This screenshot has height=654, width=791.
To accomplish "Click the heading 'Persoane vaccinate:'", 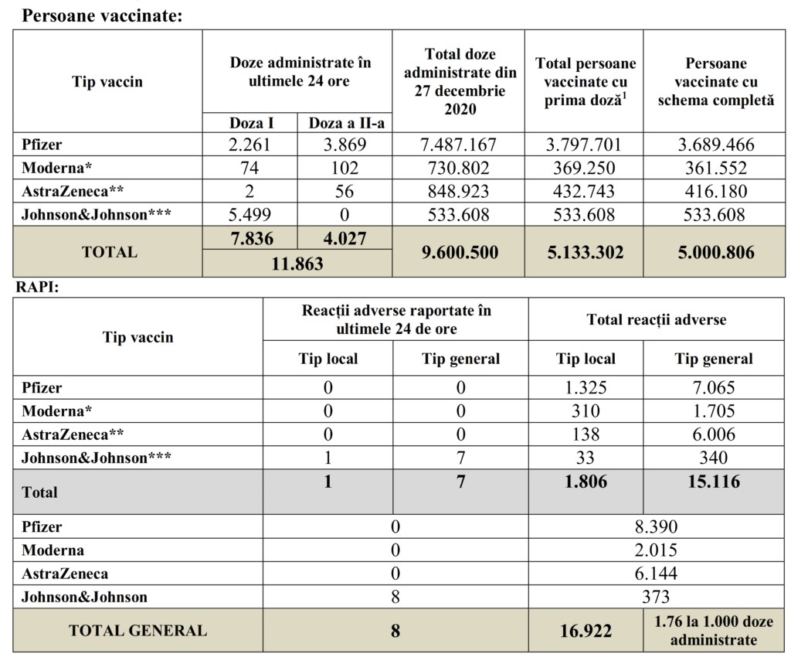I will tap(102, 15).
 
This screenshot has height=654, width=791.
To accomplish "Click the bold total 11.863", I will tap(297, 263).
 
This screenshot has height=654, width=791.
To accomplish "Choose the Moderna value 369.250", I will tap(584, 169).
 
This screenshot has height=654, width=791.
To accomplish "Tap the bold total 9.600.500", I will tap(458, 252).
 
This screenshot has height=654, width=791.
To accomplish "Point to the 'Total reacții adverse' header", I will tap(657, 318).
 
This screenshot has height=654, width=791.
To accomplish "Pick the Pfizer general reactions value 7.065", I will tap(715, 387).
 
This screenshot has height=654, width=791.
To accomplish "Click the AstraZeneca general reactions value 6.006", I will tap(715, 434).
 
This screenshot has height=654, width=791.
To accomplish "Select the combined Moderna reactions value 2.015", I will tap(657, 550).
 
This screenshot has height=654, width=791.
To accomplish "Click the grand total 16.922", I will tap(586, 631).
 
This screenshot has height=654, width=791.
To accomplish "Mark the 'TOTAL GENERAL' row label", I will tap(137, 631).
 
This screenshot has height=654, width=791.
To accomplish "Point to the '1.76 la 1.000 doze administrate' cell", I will tap(715, 631).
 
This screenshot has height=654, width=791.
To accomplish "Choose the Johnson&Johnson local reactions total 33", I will tap(586, 458).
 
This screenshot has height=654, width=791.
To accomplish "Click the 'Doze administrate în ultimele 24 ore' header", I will tap(297, 72).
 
